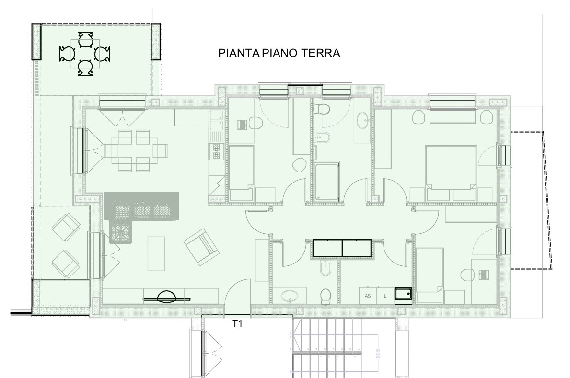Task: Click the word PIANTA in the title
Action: [239, 53]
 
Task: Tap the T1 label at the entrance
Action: [237, 323]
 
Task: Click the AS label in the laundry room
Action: [368, 296]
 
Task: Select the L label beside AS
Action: [385, 296]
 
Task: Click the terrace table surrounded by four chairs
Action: [85, 54]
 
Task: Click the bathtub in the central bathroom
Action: [327, 182]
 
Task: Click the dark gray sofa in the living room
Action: [142, 206]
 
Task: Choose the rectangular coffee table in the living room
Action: [156, 253]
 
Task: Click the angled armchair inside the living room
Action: [201, 247]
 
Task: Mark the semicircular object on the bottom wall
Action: [167, 296]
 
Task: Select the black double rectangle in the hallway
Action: [342, 248]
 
